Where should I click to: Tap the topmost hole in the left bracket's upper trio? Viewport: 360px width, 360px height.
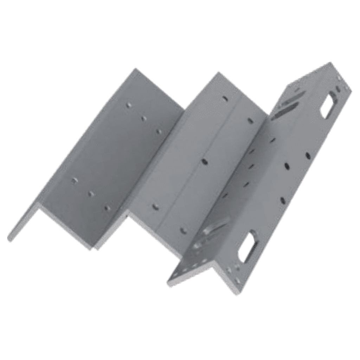pos(129,105)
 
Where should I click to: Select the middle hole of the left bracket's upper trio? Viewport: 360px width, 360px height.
pos(144,118)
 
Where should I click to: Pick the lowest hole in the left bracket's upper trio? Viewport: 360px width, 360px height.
pos(159,131)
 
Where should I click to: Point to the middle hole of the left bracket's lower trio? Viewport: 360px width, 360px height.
pos(91,194)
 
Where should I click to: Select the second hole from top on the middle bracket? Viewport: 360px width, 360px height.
pos(250,121)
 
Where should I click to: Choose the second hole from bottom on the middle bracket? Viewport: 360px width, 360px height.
pos(155,206)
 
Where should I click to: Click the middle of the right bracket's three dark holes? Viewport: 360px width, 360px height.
pos(287,166)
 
